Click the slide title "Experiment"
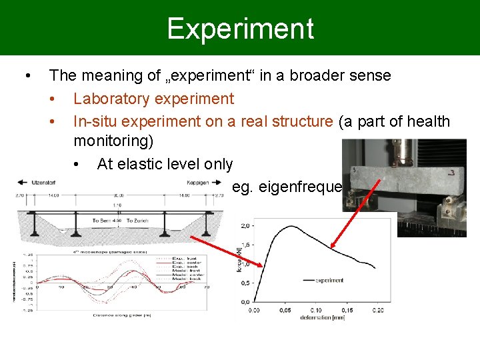click(x=240, y=29)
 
